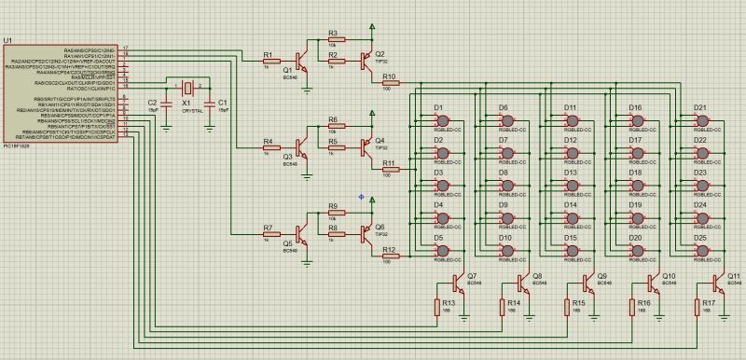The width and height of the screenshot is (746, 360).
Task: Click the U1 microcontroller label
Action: click(7, 41)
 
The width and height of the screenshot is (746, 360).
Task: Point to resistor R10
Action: click(389, 83)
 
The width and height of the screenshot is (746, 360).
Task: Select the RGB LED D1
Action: click(443, 120)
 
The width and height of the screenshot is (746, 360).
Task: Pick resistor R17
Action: click(697, 309)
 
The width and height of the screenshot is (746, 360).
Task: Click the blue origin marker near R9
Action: click(361, 196)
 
